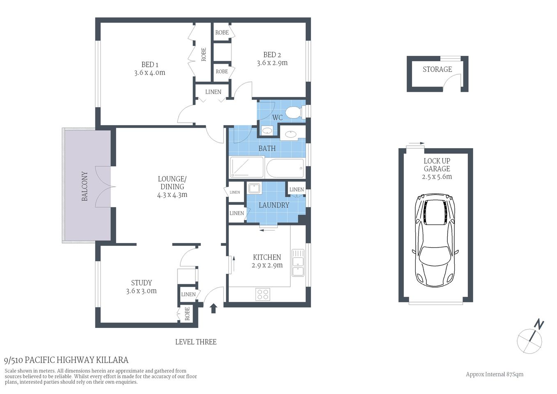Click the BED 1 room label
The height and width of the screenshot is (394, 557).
[150, 64]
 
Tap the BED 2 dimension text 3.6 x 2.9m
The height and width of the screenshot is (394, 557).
[272, 63]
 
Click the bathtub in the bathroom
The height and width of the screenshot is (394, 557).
[285, 168]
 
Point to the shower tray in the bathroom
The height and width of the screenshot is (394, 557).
[246, 168]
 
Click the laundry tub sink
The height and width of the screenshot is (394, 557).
[253, 188]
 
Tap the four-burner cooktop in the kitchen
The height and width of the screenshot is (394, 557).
[263, 294]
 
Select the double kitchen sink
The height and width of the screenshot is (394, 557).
[298, 262]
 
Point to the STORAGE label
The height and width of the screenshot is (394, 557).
[437, 69]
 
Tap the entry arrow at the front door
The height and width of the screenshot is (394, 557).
[213, 308]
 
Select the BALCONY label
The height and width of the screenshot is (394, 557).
[85, 186]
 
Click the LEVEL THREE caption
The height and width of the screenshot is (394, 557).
[196, 342]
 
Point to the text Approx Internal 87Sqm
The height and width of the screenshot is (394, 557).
[494, 374]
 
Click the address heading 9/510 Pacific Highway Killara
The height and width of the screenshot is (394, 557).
[66, 360]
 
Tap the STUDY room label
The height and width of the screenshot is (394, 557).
[141, 283]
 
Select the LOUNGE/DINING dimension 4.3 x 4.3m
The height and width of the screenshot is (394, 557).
[172, 195]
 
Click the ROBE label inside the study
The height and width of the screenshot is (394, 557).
[187, 314]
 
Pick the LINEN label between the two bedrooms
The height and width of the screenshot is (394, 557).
[213, 92]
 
